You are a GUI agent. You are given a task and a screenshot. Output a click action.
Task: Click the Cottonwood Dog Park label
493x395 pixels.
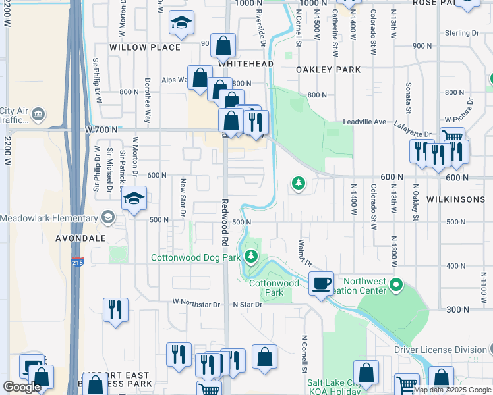pyautogui.click(x=195, y=257)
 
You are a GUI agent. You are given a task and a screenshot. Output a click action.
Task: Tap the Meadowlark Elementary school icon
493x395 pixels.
pyautogui.click(x=107, y=218)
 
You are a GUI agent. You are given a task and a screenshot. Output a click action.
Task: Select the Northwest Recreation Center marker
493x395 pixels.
pyautogui.click(x=396, y=286)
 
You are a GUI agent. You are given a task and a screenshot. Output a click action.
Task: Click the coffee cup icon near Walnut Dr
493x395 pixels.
pyautogui.click(x=321, y=284)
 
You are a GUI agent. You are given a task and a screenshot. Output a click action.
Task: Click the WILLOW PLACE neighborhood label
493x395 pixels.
pyautogui.click(x=144, y=47)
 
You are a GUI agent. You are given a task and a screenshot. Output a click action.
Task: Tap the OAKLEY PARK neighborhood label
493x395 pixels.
pyautogui.click(x=328, y=69)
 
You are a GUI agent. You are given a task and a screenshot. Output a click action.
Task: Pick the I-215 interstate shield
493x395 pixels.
pyautogui.click(x=78, y=262)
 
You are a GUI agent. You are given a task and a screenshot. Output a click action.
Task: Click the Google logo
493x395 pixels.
pyautogui.click(x=22, y=386)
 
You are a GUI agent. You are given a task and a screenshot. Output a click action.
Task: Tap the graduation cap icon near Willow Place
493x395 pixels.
pyautogui.click(x=181, y=24)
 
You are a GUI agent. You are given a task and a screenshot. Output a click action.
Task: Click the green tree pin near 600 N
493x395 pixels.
pyautogui.click(x=299, y=183)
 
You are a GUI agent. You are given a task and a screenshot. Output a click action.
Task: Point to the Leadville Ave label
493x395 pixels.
pyautogui.click(x=364, y=122)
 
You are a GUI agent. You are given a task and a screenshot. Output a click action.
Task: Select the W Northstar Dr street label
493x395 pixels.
pyautogui.click(x=196, y=304)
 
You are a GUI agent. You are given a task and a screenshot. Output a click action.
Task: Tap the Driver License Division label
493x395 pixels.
pyautogui.click(x=440, y=350)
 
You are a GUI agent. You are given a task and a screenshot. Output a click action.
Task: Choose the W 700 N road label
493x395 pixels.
pyautogui.click(x=101, y=130)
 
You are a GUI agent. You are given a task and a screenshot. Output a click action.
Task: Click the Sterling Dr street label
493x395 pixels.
pyautogui.click(x=461, y=33)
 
